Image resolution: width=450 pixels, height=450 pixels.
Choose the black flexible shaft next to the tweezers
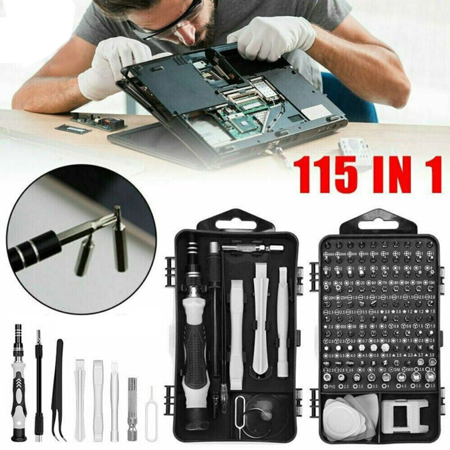point(39,387)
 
